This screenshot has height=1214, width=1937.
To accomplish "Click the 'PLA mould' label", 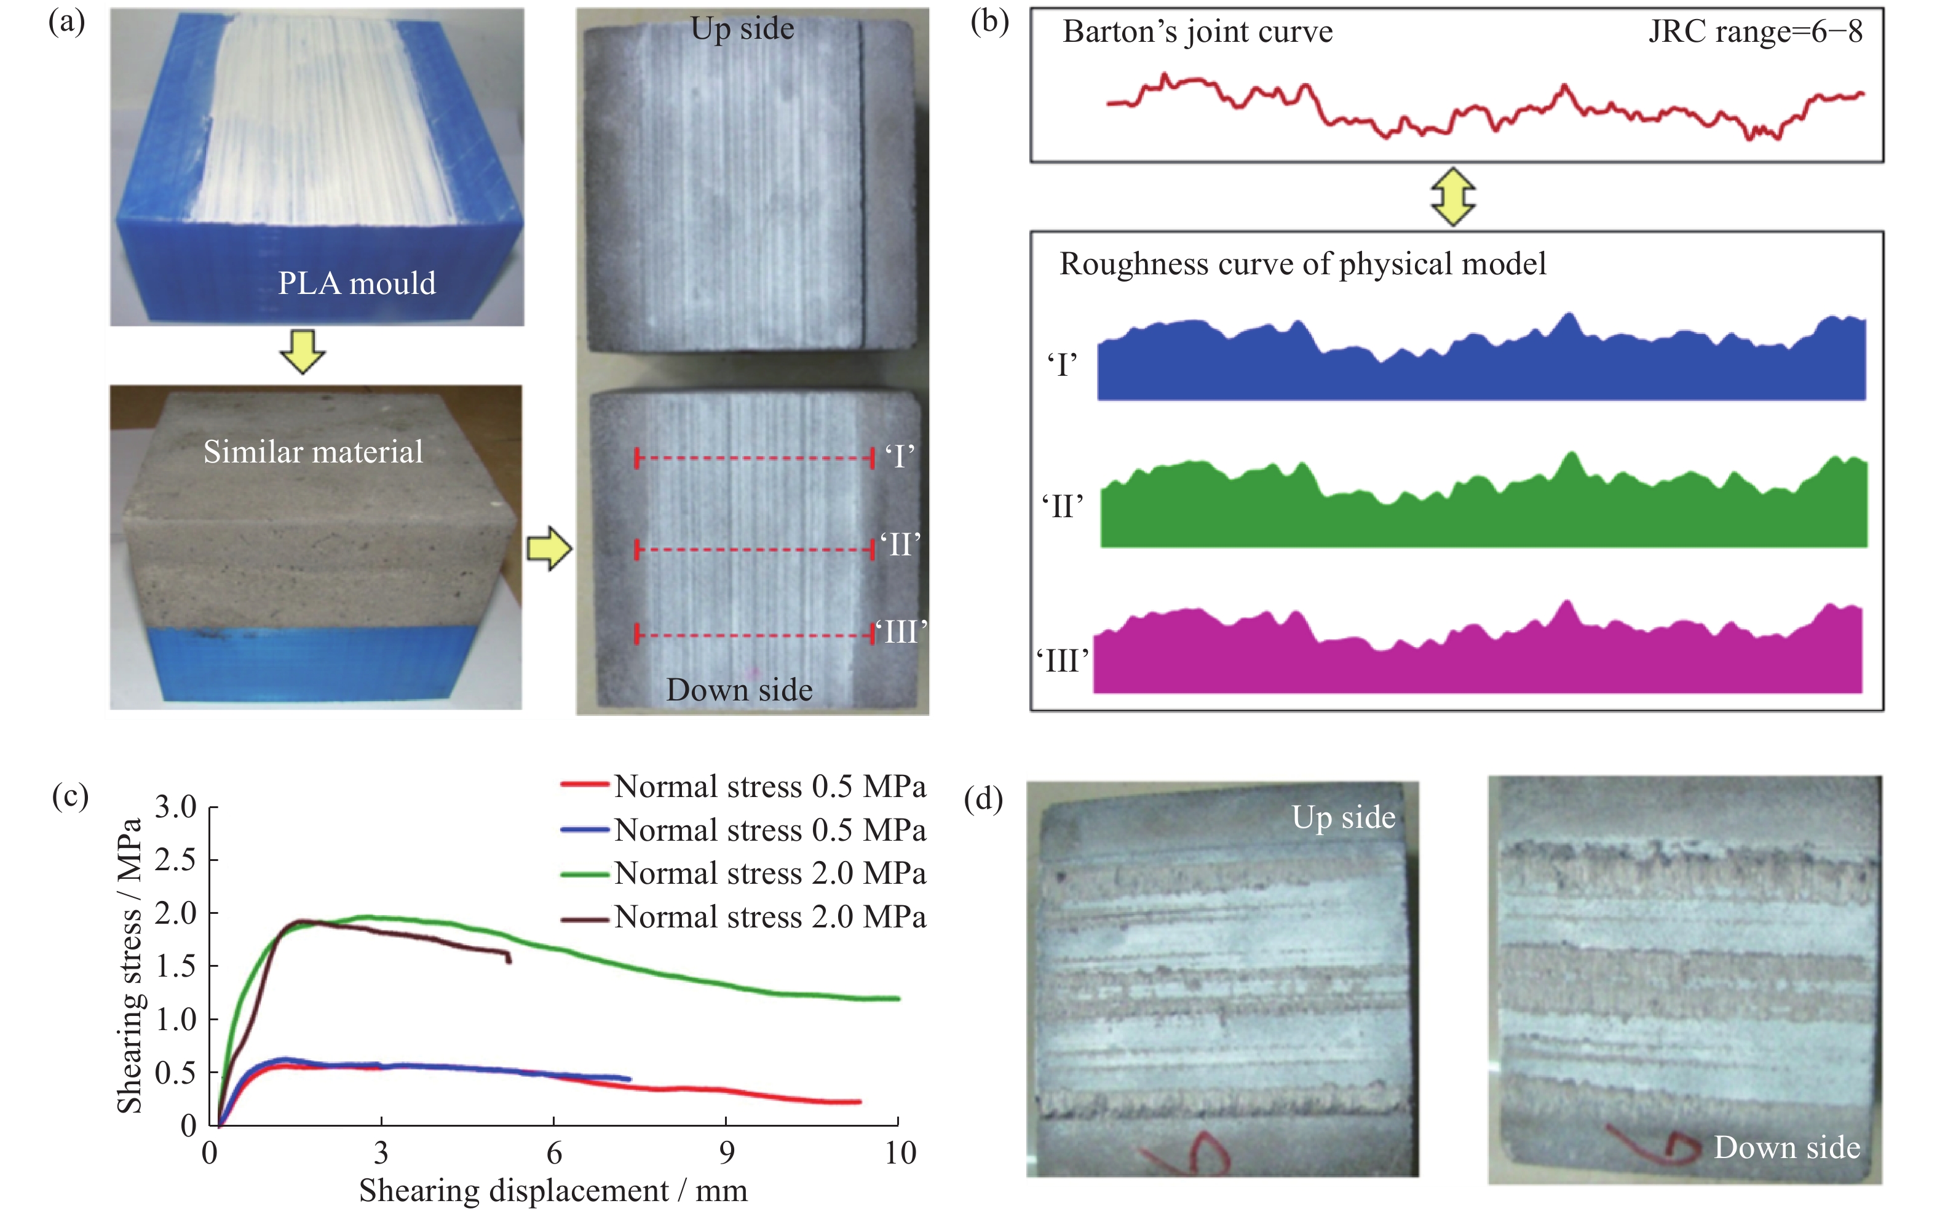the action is click(357, 284).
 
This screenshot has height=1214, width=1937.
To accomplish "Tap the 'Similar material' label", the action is click(313, 452).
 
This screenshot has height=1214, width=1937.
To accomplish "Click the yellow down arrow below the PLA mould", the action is click(303, 351).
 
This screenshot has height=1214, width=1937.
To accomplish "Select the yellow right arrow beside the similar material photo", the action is click(549, 549).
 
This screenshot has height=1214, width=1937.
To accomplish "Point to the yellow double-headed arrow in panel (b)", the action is click(1453, 197).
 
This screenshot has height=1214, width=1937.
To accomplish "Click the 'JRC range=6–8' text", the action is click(1755, 32).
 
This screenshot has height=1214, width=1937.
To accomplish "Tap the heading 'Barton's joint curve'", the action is click(1198, 32).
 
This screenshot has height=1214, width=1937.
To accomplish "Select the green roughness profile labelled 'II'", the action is click(1483, 506).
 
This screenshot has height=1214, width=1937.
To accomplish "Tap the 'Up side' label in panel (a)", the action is click(743, 30).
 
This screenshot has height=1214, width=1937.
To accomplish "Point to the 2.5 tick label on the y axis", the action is click(176, 860).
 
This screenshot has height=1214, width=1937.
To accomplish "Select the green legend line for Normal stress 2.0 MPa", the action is click(585, 873).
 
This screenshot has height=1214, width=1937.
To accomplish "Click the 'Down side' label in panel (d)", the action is click(1787, 1148).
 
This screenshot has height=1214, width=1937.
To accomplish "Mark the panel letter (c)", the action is click(70, 796).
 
